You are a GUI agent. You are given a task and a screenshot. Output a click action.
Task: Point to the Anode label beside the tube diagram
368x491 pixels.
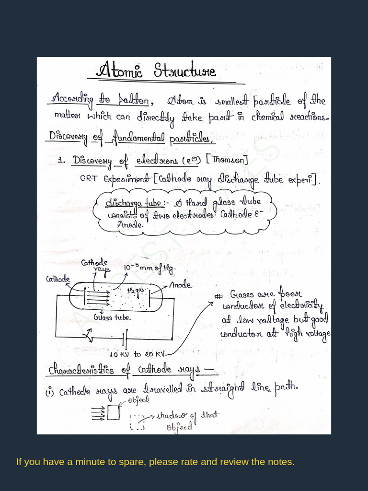[180, 285]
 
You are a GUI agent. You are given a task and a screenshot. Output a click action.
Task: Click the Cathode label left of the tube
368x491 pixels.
[58, 279]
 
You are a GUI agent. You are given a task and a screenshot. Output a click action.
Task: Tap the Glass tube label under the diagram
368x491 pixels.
[112, 317]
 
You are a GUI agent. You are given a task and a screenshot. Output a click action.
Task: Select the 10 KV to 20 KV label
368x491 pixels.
[138, 354]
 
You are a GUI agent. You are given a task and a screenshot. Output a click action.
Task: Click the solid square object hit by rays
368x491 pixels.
[113, 412]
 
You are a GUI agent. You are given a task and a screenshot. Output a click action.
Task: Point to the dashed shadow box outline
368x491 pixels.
[138, 421]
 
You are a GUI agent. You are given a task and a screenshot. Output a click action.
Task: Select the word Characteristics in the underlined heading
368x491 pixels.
[81, 370]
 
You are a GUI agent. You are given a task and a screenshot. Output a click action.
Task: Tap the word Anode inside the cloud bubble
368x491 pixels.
[130, 224]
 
